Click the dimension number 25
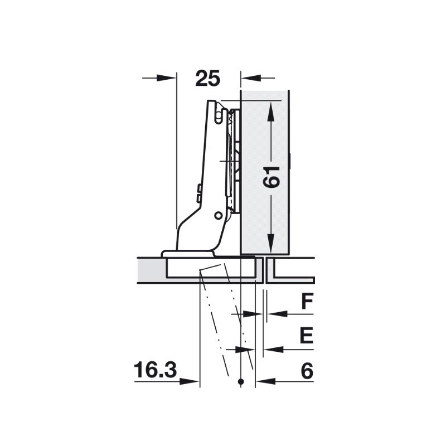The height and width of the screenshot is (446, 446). [x=207, y=78]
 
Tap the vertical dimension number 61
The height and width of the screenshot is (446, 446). [x=272, y=177]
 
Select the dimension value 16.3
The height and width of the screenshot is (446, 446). [x=156, y=370]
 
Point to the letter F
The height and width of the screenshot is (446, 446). [x=308, y=301]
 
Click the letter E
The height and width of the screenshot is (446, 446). [x=307, y=336]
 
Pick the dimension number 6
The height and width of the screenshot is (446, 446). [x=307, y=371]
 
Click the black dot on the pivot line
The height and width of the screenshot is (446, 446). [x=241, y=382]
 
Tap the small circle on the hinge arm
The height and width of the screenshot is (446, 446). [x=219, y=216]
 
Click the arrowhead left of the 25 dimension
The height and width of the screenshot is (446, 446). [x=166, y=77]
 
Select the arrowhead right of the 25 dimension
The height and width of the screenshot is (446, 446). [x=251, y=77]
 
